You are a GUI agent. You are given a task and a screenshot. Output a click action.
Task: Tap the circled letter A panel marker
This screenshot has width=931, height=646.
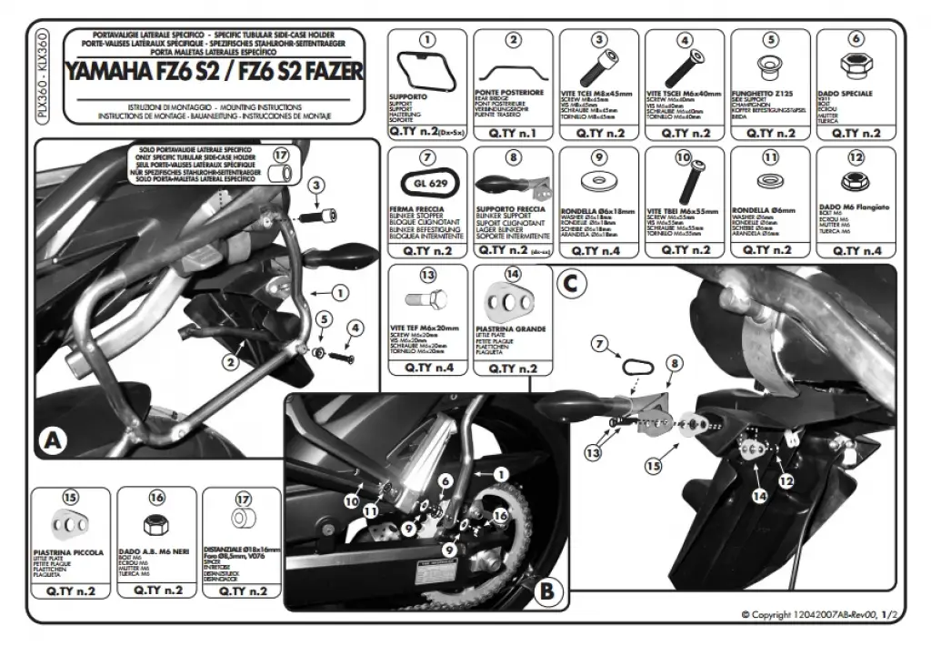coord(55,441)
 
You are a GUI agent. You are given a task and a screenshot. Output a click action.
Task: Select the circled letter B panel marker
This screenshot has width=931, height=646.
coord(546,592)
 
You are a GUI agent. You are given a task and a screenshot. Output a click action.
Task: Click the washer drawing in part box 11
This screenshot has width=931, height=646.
coord(770,181)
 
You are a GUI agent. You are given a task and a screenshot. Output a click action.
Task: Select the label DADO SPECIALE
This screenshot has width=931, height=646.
coord(846,94)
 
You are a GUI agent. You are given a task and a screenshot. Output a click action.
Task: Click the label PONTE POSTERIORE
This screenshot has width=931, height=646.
coord(509,93)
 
